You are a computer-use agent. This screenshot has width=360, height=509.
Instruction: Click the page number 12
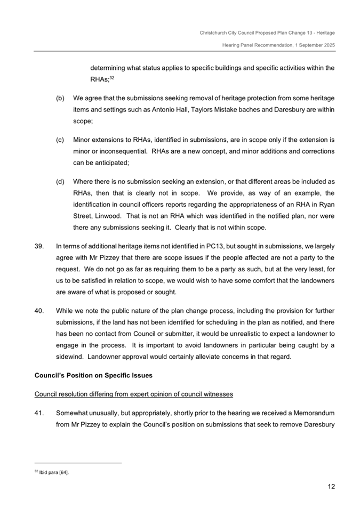[331, 487]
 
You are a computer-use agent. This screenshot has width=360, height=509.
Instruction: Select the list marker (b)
[60, 99]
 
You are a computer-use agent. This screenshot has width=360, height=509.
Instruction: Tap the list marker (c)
[60, 140]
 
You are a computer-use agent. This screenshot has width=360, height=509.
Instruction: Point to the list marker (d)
[60, 182]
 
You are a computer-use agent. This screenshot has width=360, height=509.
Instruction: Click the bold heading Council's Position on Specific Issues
[93, 375]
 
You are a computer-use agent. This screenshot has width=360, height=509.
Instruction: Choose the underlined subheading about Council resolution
[133, 394]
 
